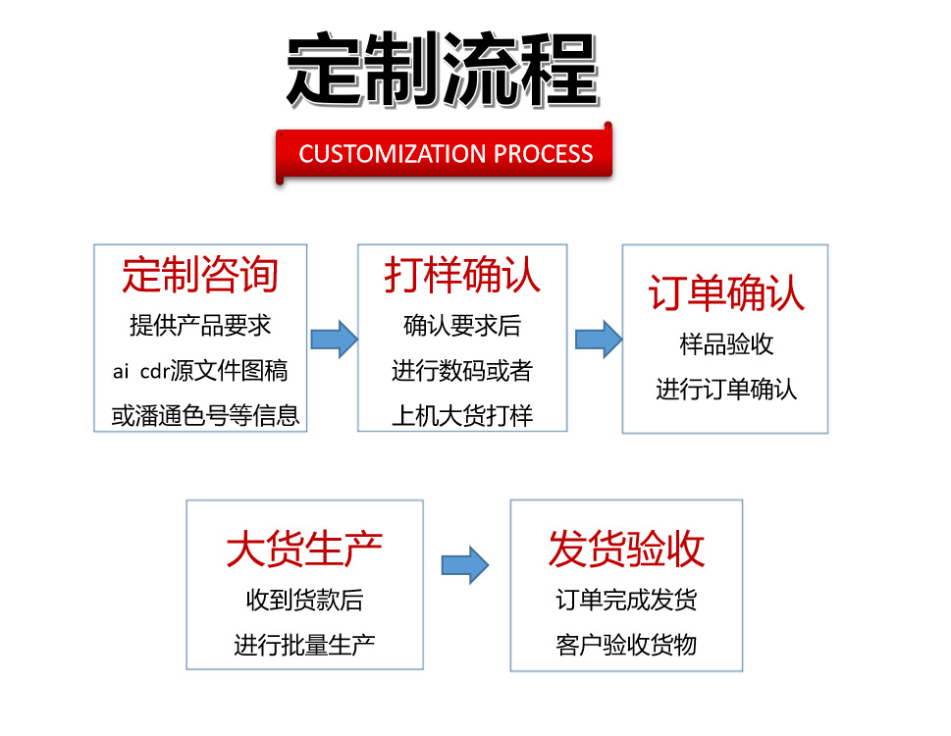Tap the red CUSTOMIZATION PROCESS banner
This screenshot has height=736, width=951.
pyautogui.click(x=446, y=154)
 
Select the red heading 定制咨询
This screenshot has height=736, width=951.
pyautogui.click(x=200, y=275)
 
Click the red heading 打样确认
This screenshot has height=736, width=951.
pyautogui.click(x=462, y=275)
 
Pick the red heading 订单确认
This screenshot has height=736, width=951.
pyautogui.click(x=725, y=294)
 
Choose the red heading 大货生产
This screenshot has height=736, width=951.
pyautogui.click(x=304, y=549)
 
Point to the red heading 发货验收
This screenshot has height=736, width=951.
pyautogui.click(x=626, y=549)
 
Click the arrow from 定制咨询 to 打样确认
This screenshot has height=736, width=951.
pyautogui.click(x=334, y=339)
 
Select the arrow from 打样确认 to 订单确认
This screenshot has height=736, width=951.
pyautogui.click(x=598, y=339)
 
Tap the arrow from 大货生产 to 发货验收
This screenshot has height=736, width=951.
pyautogui.click(x=465, y=565)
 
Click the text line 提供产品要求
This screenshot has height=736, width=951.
pyautogui.click(x=200, y=325)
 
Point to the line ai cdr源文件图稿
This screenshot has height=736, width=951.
pyautogui.click(x=200, y=371)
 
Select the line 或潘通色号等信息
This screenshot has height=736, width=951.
pyautogui.click(x=204, y=416)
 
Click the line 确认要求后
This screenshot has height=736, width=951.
pyautogui.click(x=462, y=325)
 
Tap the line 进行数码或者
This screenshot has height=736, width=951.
pyautogui.click(x=462, y=371)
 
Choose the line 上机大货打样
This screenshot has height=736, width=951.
pyautogui.click(x=462, y=416)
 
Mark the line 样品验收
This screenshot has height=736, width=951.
pyautogui.click(x=726, y=344)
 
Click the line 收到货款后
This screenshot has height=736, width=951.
pyautogui.click(x=304, y=600)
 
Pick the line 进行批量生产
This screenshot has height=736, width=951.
pyautogui.click(x=304, y=645)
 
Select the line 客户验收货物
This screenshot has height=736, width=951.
pyautogui.click(x=626, y=645)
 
